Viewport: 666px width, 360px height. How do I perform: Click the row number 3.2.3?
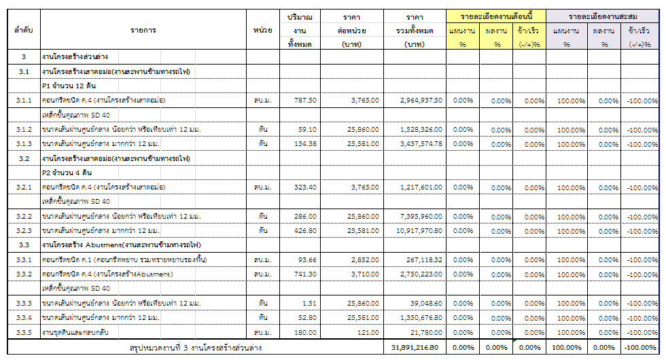tap(24, 230)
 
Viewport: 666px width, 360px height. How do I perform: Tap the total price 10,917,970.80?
tap(414, 230)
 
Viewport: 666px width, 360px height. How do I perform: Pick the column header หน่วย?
tap(262, 31)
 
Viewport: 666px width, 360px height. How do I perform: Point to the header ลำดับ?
tap(24, 31)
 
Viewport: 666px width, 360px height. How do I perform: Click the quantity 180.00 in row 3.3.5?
tap(304, 331)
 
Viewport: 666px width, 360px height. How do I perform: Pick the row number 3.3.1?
tap(24, 259)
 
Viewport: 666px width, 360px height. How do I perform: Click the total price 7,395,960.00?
tap(417, 216)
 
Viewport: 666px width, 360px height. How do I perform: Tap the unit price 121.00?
tap(368, 331)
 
